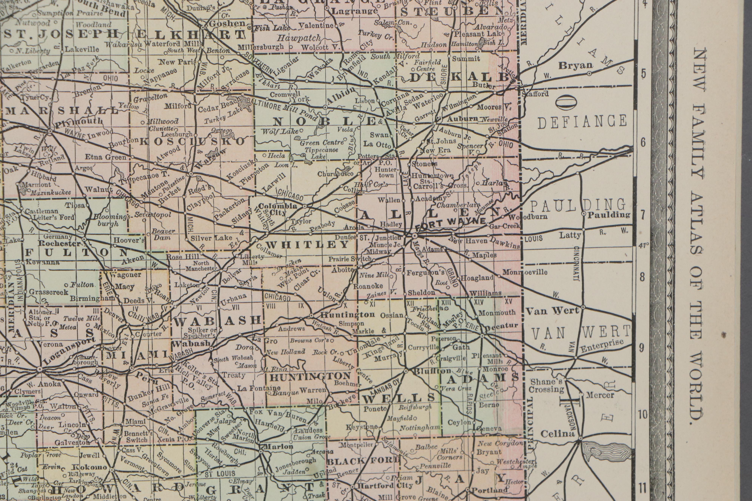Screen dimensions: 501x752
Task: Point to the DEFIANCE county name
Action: (x=582, y=122)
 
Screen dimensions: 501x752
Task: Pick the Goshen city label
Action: (x=227, y=24)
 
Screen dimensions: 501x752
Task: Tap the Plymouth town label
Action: (x=79, y=122)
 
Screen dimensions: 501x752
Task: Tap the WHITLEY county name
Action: (x=307, y=245)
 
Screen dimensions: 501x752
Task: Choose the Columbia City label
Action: (x=277, y=209)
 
